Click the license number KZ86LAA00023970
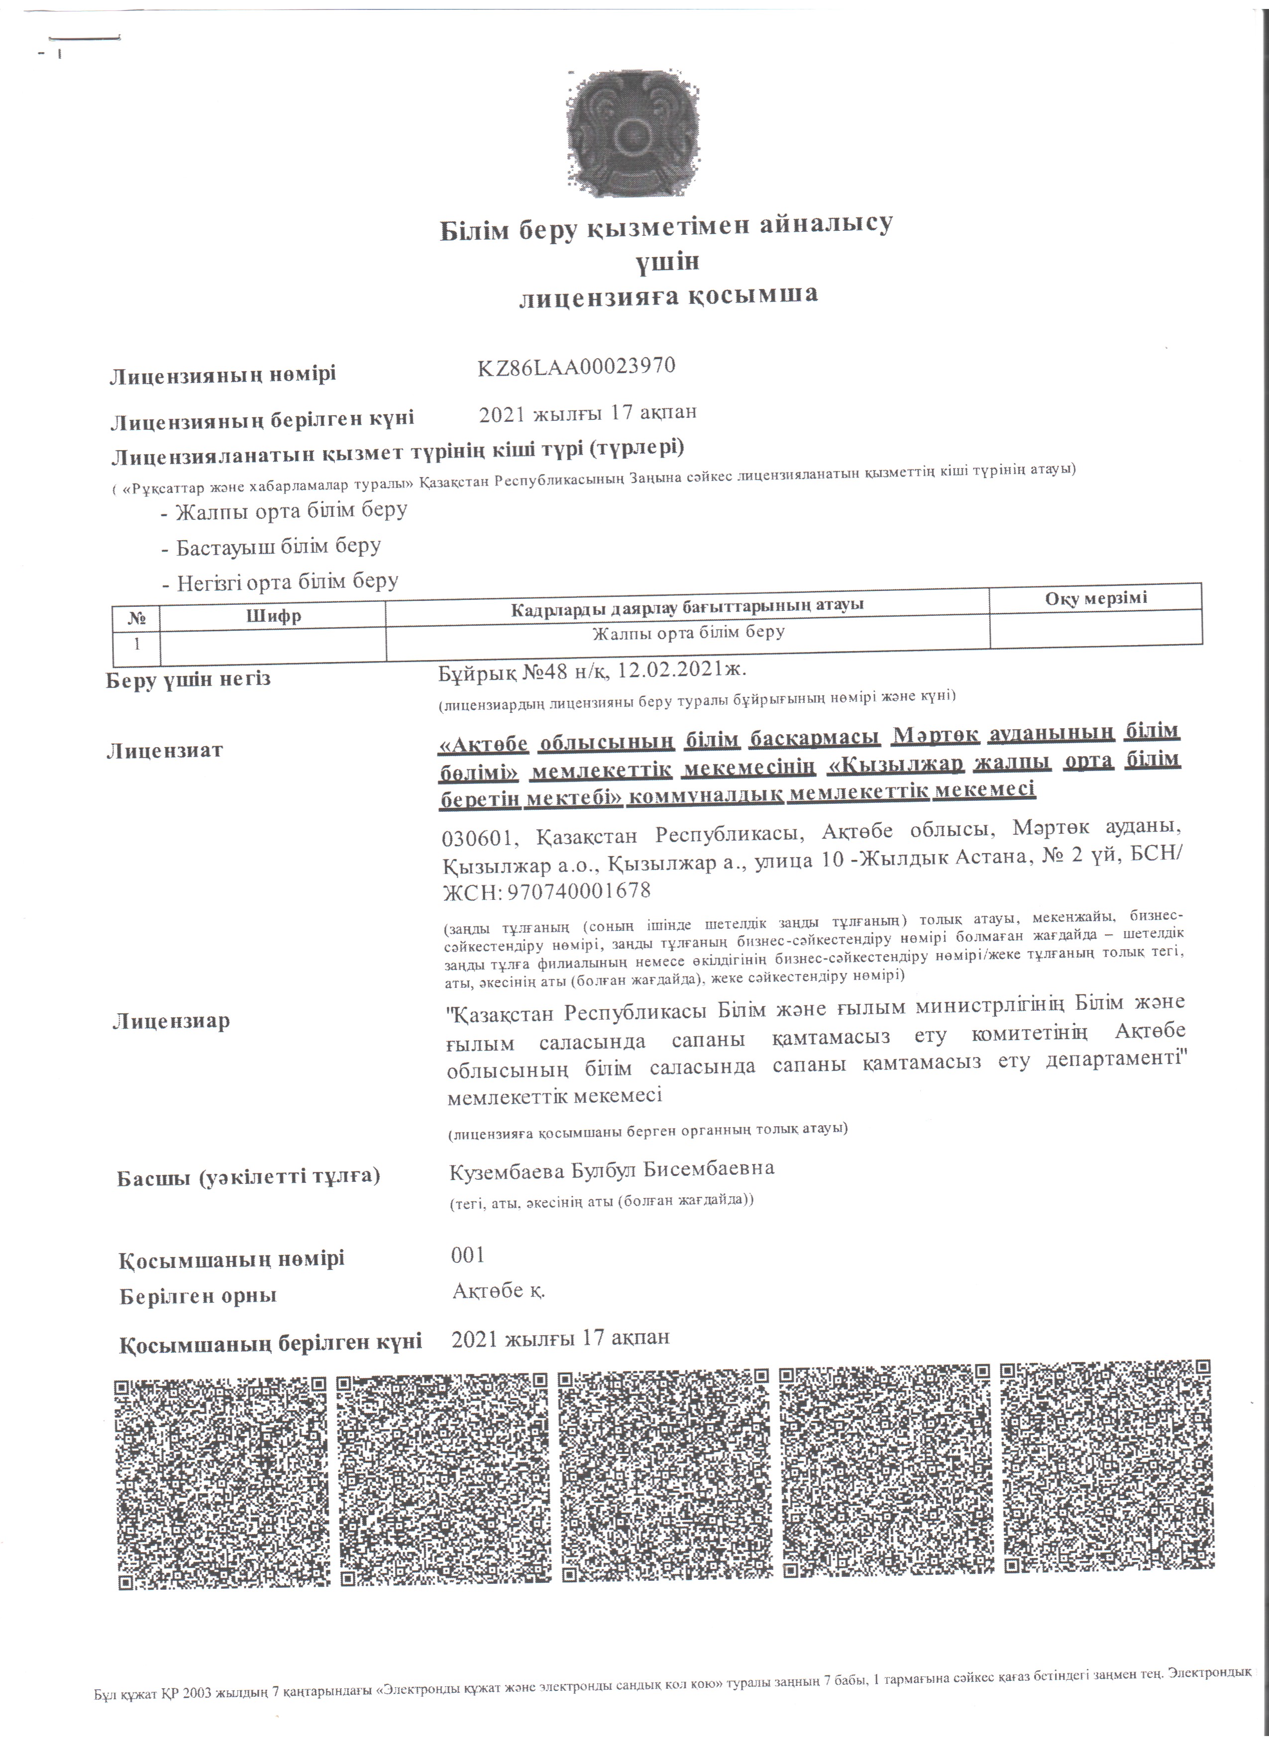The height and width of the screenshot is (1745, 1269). tap(576, 366)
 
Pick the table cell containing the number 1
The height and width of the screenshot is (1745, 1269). tap(137, 644)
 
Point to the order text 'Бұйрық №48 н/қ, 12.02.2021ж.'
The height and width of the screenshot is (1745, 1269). tap(593, 671)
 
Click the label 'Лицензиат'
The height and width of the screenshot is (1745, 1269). tap(165, 750)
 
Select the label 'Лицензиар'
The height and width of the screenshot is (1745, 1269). tap(171, 1022)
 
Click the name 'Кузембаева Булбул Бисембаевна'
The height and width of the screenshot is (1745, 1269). tap(612, 1168)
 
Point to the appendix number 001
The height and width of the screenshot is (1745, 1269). tap(468, 1255)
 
